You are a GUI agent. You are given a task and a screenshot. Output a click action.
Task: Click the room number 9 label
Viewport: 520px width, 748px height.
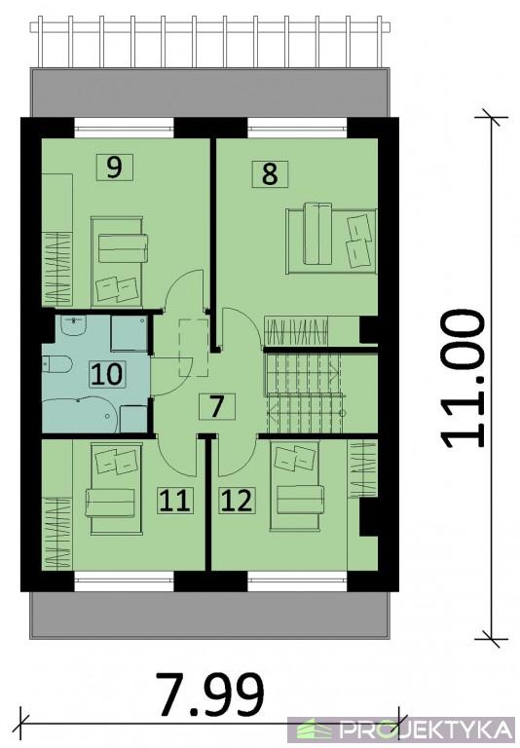coord(114,168)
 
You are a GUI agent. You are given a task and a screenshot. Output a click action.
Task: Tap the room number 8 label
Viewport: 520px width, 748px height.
coord(270,173)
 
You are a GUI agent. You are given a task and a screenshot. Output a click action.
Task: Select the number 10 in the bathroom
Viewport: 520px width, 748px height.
coord(108,374)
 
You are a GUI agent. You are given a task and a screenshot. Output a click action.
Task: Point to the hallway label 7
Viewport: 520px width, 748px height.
coord(216,406)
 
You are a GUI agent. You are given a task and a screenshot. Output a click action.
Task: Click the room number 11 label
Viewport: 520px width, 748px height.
coord(175,501)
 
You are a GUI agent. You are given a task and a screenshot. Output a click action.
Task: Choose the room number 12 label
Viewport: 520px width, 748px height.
coord(237,501)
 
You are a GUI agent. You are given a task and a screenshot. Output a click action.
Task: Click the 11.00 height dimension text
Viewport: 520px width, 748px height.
coord(463,379)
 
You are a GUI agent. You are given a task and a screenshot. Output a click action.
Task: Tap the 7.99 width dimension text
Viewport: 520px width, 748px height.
coord(210,694)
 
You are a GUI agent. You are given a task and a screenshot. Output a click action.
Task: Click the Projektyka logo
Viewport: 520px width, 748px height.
coord(404,729)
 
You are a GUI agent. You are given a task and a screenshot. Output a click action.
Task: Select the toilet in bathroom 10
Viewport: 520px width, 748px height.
coord(56,365)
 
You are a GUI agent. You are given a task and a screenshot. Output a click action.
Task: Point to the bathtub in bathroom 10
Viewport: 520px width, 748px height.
coord(79,416)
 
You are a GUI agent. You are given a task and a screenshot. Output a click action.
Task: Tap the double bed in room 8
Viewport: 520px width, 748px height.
coord(331,240)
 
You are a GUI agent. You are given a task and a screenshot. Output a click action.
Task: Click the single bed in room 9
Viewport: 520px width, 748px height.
coord(118,261)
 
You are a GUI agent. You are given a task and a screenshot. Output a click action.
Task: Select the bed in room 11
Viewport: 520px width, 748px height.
coord(115,488)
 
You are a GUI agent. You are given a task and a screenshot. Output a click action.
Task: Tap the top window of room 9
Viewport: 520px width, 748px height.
coord(124,128)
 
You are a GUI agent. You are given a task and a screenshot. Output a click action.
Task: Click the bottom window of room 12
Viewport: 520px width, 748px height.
coord(297,581)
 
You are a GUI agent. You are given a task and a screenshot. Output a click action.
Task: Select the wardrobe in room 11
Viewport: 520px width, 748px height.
coord(57,533)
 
